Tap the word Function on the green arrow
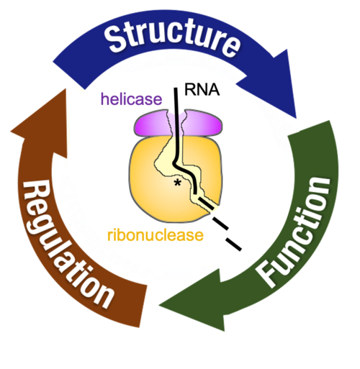pos(297,230)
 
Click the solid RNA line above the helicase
pos(176,101)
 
